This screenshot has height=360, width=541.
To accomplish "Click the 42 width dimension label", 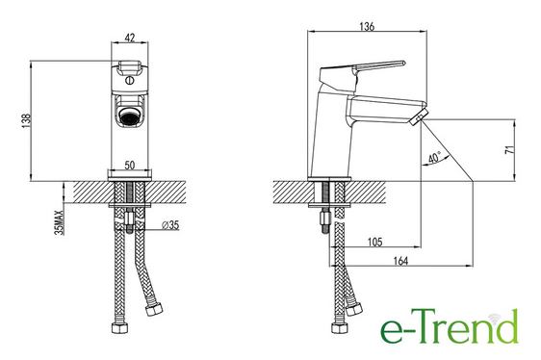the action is tap(129, 38).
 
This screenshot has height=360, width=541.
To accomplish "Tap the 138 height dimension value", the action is tap(27, 121).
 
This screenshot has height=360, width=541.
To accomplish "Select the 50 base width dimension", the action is tap(130, 166).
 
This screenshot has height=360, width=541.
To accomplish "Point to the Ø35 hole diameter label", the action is tap(170, 225).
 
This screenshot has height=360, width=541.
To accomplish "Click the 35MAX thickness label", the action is tap(60, 222).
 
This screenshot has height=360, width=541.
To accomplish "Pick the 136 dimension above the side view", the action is tap(367, 27).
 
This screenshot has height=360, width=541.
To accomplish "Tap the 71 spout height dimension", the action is tap(509, 150).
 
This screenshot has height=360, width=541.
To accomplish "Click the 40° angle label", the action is tap(434, 158).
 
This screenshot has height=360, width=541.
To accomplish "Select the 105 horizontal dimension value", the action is tap(375, 242).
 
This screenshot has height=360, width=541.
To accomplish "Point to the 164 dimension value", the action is tap(400, 261).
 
